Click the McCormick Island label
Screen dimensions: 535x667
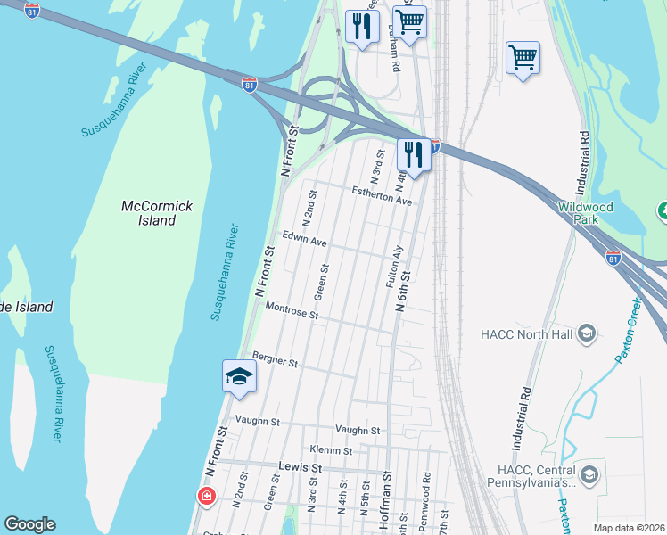[x=157, y=213]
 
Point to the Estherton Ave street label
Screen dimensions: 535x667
[x=382, y=196]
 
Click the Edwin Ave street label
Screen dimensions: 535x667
[x=304, y=240]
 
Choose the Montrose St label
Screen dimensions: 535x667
[x=292, y=311]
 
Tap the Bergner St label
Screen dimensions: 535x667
[x=274, y=360]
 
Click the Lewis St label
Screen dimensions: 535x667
[x=299, y=467]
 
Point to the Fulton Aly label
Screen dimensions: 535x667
[x=392, y=267]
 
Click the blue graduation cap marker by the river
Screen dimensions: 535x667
[x=239, y=376]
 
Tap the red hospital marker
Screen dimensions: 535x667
[x=207, y=495]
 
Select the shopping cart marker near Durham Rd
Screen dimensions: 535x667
[x=409, y=21]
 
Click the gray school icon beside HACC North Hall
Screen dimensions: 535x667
[x=587, y=333]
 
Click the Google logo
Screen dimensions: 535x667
[x=29, y=524]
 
